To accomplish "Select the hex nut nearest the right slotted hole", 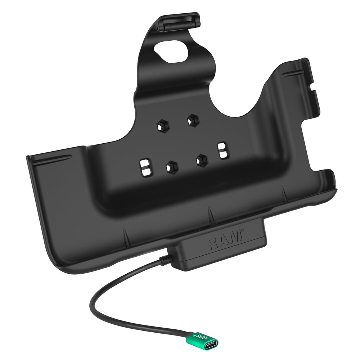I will pyautogui.click(x=201, y=159).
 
